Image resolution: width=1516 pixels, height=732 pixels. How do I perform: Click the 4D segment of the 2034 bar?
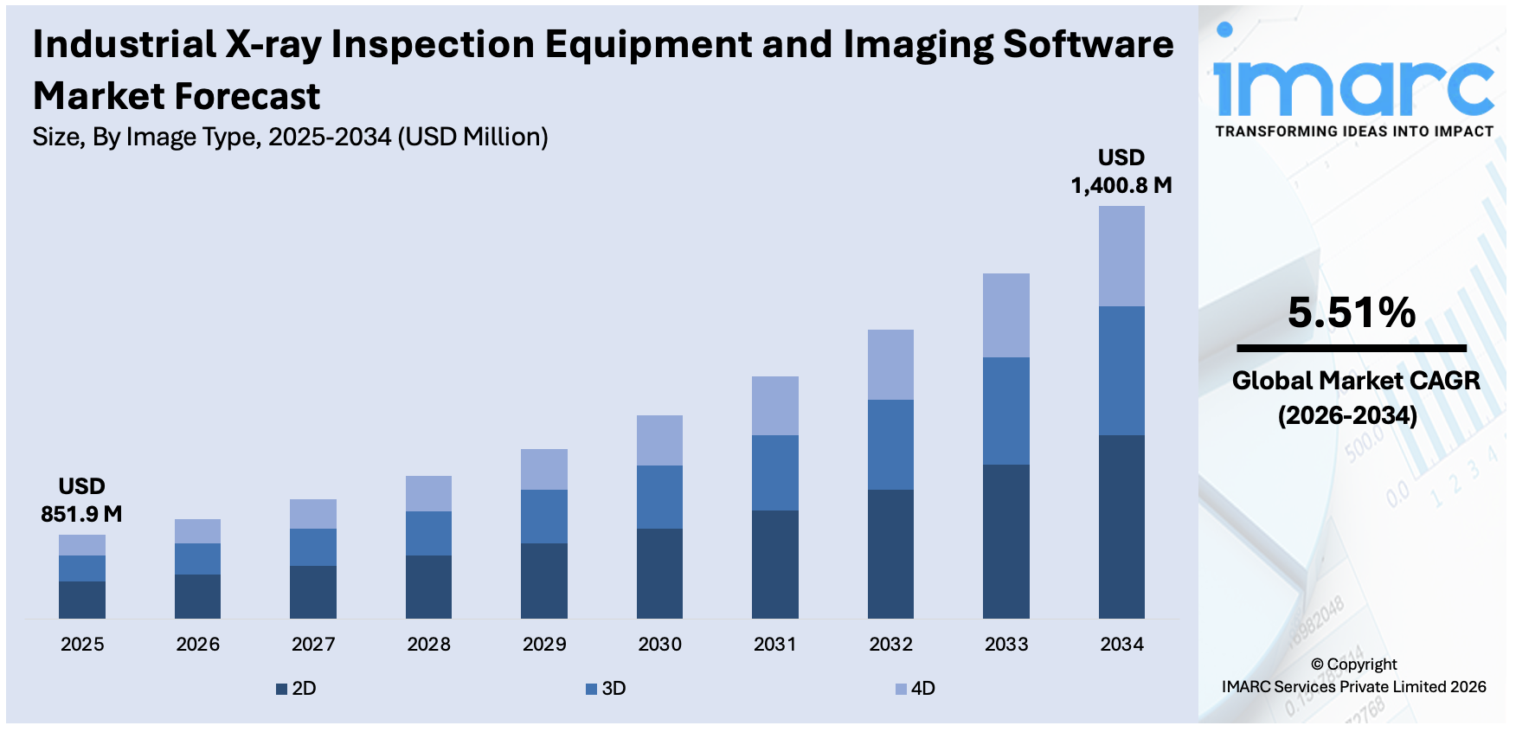click(x=1121, y=256)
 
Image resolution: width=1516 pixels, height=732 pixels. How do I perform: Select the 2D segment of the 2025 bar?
click(x=82, y=600)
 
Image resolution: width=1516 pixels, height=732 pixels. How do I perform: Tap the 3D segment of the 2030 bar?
click(x=659, y=497)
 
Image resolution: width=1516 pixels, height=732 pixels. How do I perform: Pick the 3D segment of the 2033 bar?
click(x=1005, y=411)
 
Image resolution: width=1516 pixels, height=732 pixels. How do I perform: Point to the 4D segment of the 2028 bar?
click(x=428, y=493)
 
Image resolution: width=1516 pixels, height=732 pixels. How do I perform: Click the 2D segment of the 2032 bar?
click(x=890, y=554)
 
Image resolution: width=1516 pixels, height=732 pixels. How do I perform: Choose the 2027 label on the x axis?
click(x=313, y=644)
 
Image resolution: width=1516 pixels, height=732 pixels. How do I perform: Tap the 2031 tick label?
click(x=774, y=644)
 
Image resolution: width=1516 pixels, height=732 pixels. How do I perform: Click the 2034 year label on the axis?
click(x=1121, y=644)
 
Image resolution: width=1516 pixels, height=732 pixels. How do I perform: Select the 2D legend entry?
click(x=296, y=689)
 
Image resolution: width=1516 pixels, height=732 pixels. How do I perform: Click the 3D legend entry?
click(x=606, y=689)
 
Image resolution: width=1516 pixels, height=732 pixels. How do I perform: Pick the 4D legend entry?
click(x=915, y=689)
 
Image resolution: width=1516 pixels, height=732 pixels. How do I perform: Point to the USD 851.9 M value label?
click(x=81, y=500)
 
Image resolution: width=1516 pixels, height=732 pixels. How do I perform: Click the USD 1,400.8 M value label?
click(x=1121, y=171)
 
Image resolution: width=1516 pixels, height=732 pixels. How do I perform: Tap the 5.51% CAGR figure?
click(x=1351, y=312)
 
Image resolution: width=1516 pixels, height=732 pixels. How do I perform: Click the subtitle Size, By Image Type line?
click(x=290, y=137)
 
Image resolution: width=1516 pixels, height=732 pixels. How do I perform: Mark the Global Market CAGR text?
click(x=1355, y=381)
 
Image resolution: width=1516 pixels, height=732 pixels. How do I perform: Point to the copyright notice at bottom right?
click(x=1353, y=676)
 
